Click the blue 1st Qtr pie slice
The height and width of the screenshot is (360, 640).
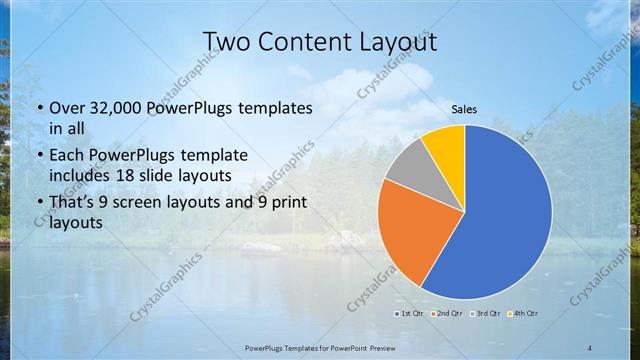[505, 215]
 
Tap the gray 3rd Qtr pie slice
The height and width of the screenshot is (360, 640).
[407, 165]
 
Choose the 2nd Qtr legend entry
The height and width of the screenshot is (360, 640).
[445, 313]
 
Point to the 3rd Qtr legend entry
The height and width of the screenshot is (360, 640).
[485, 313]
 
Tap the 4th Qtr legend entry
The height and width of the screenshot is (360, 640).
[523, 313]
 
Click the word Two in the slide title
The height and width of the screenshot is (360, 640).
[229, 42]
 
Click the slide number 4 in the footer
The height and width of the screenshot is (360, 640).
[590, 346]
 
